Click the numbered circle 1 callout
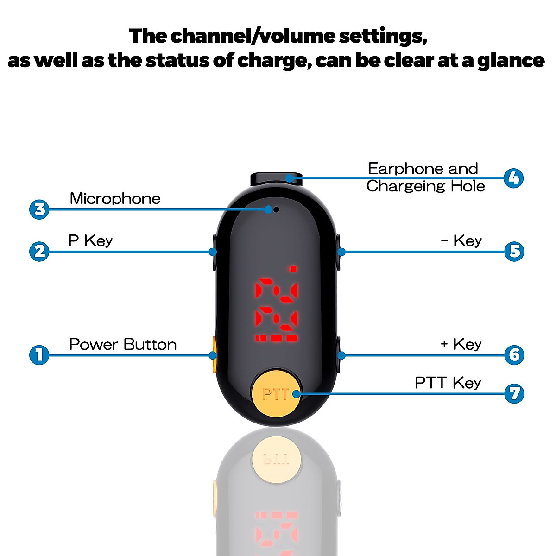[39, 355]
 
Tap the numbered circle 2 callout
[39, 252]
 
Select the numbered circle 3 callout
[39, 209]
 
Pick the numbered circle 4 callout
[513, 178]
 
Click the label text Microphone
[115, 198]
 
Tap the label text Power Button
[123, 344]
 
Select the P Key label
[90, 240]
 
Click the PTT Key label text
[448, 383]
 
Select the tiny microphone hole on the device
[276, 209]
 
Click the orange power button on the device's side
[214, 355]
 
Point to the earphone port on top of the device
[276, 178]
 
